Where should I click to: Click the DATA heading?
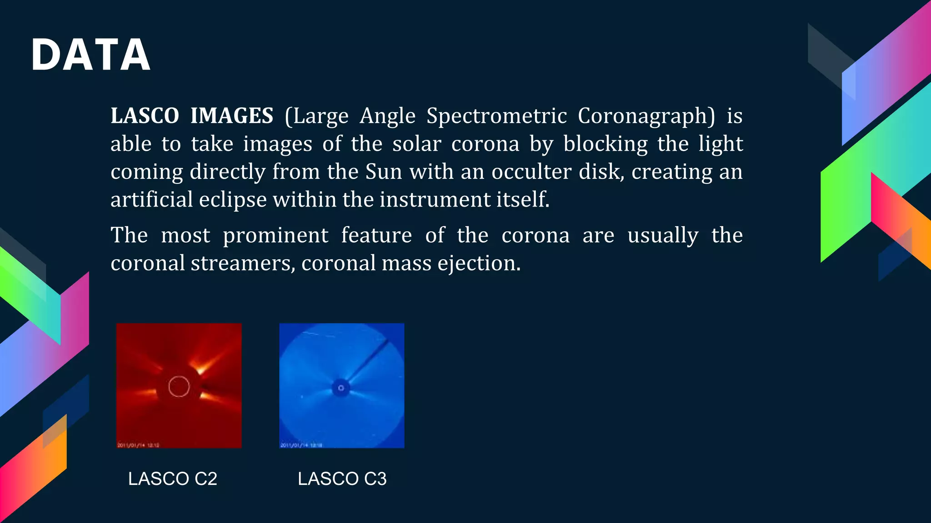click(x=90, y=55)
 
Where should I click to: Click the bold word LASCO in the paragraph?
click(x=145, y=116)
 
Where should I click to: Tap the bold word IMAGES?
click(x=232, y=116)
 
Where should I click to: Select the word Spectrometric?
click(x=496, y=116)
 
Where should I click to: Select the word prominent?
click(x=275, y=235)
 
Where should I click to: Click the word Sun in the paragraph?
click(x=383, y=172)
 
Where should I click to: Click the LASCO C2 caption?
click(x=173, y=479)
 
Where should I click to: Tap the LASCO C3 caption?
click(x=342, y=479)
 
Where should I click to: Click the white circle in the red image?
click(x=179, y=386)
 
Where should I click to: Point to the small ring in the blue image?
click(x=341, y=388)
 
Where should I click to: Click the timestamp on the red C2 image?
click(x=138, y=445)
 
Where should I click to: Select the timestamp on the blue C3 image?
click(x=301, y=445)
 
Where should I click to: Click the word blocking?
click(x=605, y=144)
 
